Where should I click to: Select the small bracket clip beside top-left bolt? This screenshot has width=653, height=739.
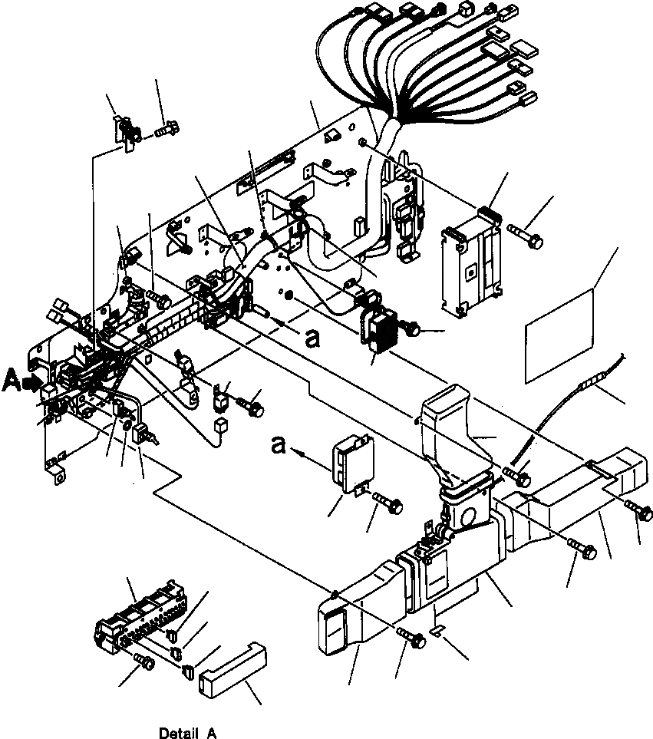[x=125, y=134]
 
